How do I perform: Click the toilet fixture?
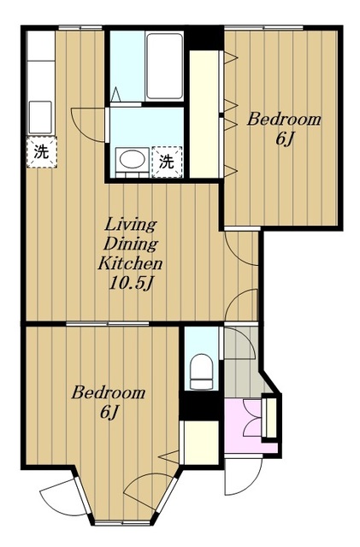(x=202, y=372)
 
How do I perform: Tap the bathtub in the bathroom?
(x=164, y=67)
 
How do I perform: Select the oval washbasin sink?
(x=133, y=160)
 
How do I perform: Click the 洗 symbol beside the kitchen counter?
(x=42, y=152)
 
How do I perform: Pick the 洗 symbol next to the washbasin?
(x=167, y=162)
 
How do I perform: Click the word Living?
(x=131, y=225)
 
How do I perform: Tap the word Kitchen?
(x=130, y=263)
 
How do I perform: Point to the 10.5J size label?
(x=131, y=284)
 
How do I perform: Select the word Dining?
(x=131, y=244)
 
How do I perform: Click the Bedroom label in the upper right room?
(x=284, y=120)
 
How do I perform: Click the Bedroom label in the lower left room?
(x=109, y=393)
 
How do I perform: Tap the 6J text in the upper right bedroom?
(x=284, y=138)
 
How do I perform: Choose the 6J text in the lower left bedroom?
(x=109, y=412)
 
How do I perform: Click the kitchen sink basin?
(x=40, y=118)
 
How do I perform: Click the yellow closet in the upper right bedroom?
(x=204, y=114)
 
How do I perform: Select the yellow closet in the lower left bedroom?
(x=201, y=443)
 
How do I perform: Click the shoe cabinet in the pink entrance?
(x=271, y=417)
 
